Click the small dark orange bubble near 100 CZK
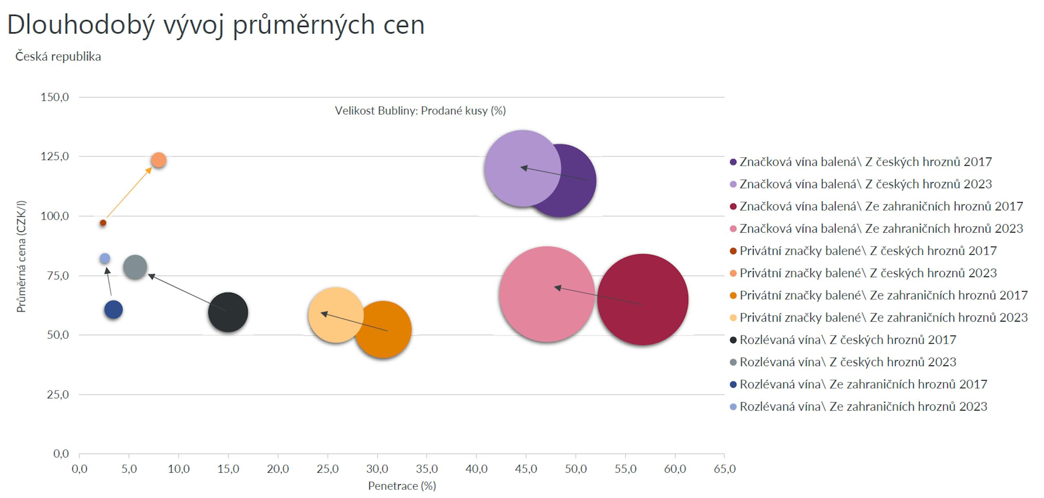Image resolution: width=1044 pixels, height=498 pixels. click(103, 223)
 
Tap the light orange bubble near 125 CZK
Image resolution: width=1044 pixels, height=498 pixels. click(159, 160)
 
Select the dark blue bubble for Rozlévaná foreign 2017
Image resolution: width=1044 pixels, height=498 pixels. click(113, 309)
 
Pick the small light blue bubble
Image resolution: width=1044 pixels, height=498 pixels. click(105, 258)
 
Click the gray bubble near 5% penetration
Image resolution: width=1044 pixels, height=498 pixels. click(135, 267)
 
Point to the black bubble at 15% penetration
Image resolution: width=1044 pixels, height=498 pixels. click(228, 312)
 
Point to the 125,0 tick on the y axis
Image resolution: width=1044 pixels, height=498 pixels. click(55, 156)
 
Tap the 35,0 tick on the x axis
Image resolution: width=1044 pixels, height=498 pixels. click(427, 469)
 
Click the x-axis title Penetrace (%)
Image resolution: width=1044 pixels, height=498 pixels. click(402, 486)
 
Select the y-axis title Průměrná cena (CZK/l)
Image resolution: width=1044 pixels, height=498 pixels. click(21, 256)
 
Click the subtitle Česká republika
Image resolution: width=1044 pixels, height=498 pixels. click(58, 56)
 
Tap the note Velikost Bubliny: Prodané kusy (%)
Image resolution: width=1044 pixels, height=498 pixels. click(420, 111)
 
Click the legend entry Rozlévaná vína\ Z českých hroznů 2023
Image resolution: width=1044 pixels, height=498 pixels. click(847, 362)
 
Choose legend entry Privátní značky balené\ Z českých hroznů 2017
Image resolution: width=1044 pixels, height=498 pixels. click(868, 251)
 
